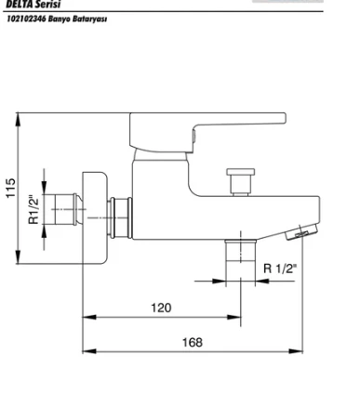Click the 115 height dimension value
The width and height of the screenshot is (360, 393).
[10, 188]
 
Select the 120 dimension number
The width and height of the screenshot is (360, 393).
[161, 308]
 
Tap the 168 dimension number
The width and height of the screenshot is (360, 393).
[193, 343]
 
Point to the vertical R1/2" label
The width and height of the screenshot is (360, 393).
[34, 209]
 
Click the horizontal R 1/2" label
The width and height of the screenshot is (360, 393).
[280, 269]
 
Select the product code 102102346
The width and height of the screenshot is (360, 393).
[26, 19]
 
